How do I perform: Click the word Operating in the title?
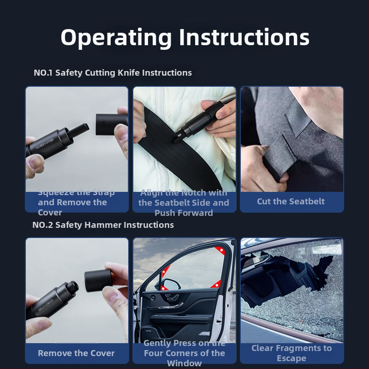pos(117,37)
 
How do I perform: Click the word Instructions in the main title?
pos(244,37)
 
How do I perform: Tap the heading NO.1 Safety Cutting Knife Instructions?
pos(113,73)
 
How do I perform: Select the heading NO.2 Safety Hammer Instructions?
pos(103,225)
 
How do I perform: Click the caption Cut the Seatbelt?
pos(291,202)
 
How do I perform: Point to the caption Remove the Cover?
pos(76,353)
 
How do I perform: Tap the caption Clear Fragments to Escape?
pos(291,353)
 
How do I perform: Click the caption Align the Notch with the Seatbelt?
pos(184,202)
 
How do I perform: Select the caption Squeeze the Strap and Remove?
pos(76,202)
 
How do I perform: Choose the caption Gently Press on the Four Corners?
pos(184,353)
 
